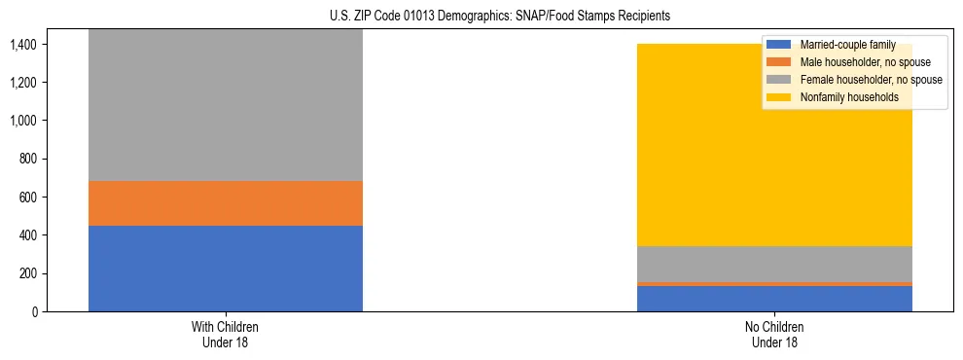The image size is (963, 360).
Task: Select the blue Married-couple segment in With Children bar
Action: pos(226,269)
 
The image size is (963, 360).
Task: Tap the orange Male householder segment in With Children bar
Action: pos(226,203)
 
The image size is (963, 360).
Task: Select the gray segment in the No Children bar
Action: pos(774,264)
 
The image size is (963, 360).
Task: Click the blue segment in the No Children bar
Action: pos(774,299)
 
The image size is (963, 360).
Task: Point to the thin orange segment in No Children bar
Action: pos(774,284)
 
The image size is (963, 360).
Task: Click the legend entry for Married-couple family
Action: pos(841,45)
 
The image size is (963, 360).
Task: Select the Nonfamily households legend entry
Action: pos(842,97)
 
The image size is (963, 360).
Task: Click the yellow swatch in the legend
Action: pos(779,97)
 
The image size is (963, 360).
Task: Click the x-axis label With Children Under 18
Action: pos(226,335)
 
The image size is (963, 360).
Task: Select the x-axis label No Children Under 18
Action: pos(774,335)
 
